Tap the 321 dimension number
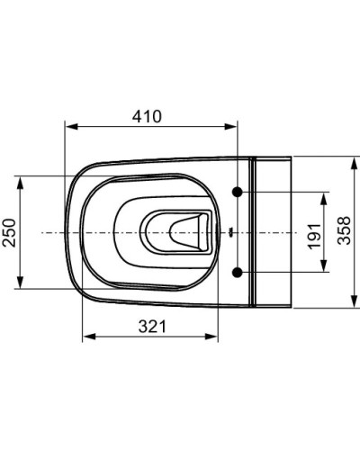(x=152, y=327)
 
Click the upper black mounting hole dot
(x=237, y=193)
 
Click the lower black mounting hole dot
(x=237, y=271)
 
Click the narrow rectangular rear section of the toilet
(x=274, y=231)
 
